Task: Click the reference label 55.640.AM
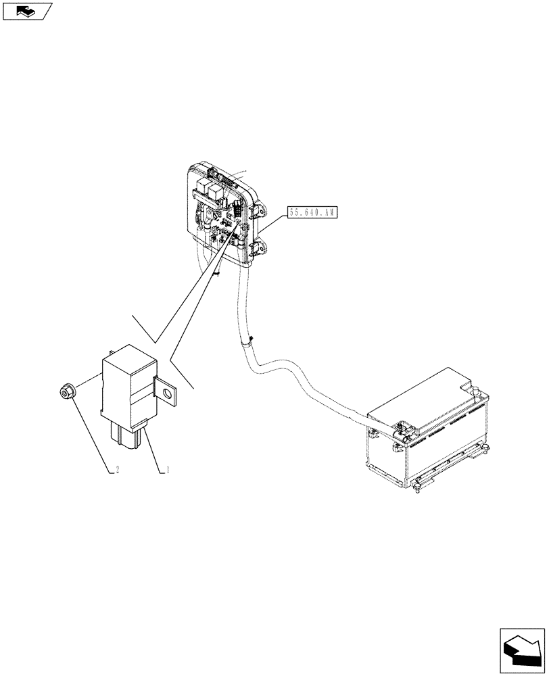pyautogui.click(x=311, y=212)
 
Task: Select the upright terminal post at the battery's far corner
pyautogui.click(x=477, y=390)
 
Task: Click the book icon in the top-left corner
pyautogui.click(x=26, y=11)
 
